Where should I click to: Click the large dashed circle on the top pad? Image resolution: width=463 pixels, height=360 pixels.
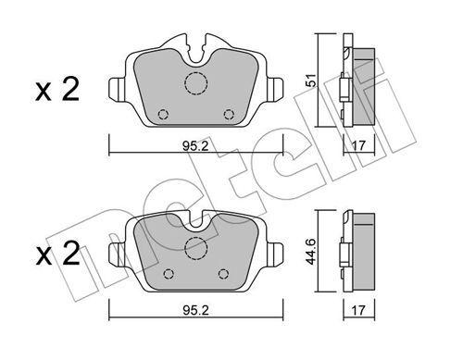click(196, 82)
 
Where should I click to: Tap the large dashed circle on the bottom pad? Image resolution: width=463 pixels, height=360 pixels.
click(196, 248)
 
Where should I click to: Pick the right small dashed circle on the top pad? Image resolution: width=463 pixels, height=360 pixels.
click(230, 115)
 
